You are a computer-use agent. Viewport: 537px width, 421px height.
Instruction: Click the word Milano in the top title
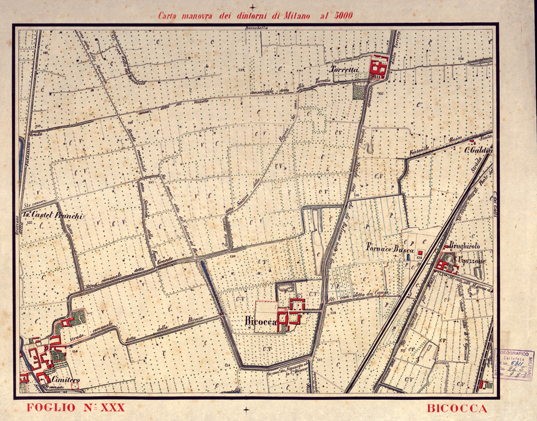(x=295, y=16)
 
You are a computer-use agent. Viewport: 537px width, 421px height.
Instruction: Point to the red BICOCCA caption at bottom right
(x=457, y=408)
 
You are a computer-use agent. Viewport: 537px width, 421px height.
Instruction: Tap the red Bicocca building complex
(x=291, y=313)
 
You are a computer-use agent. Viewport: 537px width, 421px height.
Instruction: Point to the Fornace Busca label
(x=390, y=249)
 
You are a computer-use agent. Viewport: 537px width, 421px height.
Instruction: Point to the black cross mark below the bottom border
(x=246, y=409)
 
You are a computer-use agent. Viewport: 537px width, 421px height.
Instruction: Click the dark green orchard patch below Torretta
(x=359, y=91)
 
